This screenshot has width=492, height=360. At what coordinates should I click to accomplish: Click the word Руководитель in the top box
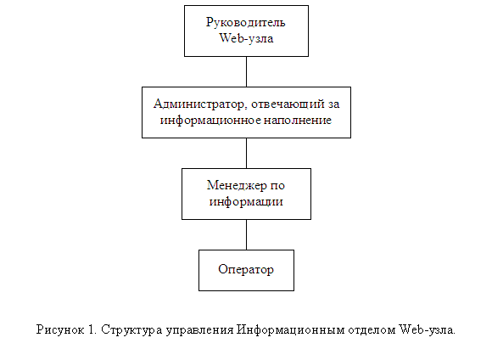tap(246, 23)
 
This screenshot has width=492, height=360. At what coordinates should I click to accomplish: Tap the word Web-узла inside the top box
tap(246, 38)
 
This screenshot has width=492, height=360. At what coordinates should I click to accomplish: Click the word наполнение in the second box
tap(298, 120)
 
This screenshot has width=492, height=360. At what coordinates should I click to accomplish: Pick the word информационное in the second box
tap(210, 121)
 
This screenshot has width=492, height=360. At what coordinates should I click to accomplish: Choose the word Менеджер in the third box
tap(232, 186)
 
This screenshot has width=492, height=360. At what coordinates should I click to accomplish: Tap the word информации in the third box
tap(246, 202)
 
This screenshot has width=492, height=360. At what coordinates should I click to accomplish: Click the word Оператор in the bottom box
tap(246, 269)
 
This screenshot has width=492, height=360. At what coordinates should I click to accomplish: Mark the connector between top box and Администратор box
tap(246, 71)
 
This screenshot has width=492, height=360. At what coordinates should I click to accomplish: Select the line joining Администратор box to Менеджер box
tap(246, 153)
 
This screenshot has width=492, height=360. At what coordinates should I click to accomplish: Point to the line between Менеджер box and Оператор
tap(246, 234)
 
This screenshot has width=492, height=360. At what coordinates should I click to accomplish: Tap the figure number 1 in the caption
tap(92, 329)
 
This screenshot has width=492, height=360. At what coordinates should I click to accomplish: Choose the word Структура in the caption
tap(131, 330)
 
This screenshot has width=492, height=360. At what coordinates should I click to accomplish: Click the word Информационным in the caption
tap(291, 330)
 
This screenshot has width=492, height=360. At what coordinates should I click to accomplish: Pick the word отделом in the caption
tap(372, 330)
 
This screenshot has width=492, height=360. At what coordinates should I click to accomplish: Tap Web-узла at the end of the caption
tap(427, 329)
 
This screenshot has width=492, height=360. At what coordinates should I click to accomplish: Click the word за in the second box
tap(333, 104)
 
